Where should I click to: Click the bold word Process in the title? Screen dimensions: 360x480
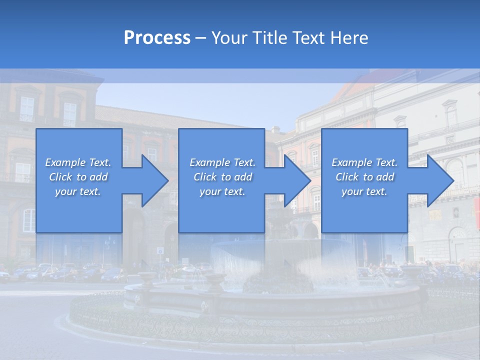coord(157,38)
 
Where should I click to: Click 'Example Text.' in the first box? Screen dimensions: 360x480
coord(78,162)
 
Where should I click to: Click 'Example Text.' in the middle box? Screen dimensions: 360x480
coord(222,162)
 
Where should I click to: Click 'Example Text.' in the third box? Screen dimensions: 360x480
coord(364,162)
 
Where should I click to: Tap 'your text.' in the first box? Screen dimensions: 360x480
coord(78,191)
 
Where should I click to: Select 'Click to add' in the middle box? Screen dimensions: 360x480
coord(222,177)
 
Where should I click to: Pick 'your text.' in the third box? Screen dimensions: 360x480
coord(364,191)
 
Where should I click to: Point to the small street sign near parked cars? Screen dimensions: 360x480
coord(160,250)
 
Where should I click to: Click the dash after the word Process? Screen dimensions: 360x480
coord(201,38)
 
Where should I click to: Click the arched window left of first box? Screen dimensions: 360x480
coord(29,220)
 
